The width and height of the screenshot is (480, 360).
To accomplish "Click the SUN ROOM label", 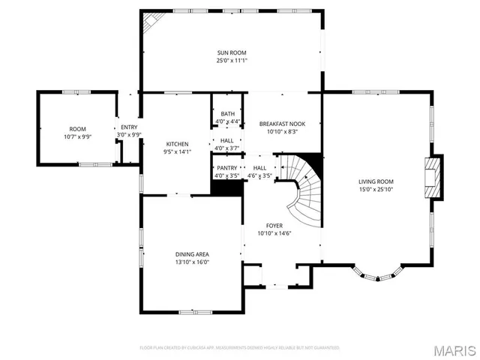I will (232, 52).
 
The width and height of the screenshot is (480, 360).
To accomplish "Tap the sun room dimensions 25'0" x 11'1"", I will (232, 60).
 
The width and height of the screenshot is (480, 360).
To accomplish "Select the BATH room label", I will (227, 114).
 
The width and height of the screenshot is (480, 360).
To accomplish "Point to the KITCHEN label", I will (177, 144).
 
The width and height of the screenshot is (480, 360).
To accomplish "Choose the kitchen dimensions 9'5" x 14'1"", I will (177, 151).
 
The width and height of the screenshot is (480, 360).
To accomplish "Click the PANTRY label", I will (226, 168).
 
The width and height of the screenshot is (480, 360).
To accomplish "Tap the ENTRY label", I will (129, 127).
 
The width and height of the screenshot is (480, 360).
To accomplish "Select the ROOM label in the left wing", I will (78, 129).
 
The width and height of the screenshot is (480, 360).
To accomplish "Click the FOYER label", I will (274, 225).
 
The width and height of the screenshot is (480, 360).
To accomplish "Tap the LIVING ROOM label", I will (376, 181).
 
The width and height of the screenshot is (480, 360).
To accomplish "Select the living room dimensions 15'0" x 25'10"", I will (376, 189).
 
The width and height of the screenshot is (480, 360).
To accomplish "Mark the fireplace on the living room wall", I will (433, 178).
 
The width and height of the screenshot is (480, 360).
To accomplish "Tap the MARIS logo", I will (454, 350).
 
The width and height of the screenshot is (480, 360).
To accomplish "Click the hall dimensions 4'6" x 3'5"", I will (259, 175).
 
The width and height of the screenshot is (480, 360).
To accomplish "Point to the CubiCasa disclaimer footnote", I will (240, 348).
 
